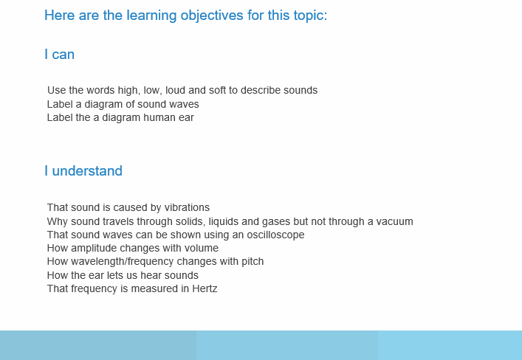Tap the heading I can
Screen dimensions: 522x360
click(x=60, y=55)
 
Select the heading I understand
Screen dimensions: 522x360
click(x=83, y=170)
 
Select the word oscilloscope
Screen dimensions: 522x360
click(x=275, y=235)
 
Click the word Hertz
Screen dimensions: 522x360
click(x=205, y=288)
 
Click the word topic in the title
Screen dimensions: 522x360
click(x=311, y=16)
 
